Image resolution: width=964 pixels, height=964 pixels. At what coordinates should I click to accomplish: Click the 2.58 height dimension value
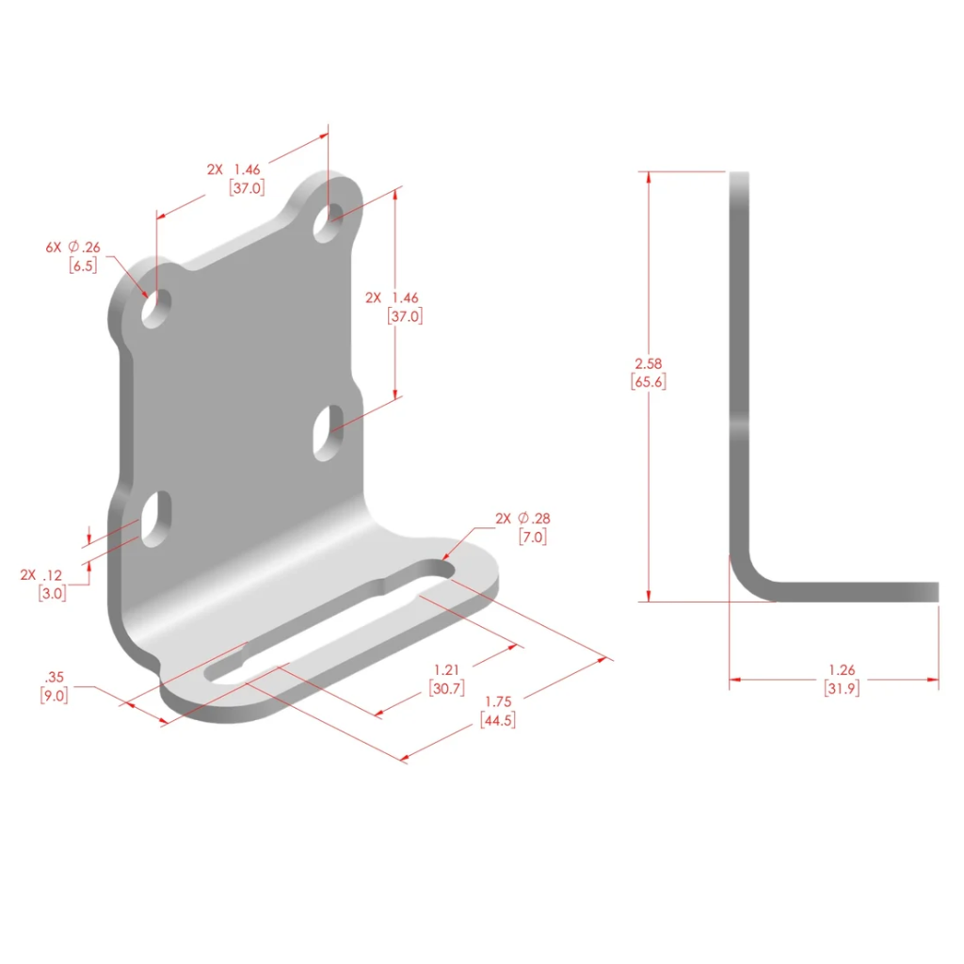coord(648,363)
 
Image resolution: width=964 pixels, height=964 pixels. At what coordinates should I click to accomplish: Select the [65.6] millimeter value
coord(648,382)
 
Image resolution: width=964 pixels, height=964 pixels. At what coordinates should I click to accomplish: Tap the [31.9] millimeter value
coord(842,688)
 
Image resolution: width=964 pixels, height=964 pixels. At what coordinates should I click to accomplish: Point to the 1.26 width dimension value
coord(842,669)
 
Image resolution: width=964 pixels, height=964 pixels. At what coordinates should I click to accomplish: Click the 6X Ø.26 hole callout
coord(72,248)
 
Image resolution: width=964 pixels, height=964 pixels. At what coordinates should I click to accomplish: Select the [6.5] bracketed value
coord(83,265)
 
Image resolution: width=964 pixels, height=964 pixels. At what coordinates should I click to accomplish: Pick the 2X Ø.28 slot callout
coord(522,519)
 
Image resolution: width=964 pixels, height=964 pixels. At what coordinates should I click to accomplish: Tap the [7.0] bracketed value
coord(533,537)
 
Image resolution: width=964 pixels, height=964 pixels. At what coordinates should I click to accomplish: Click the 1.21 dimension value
coord(446,669)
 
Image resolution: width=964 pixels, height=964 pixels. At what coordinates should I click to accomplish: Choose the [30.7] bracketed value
coord(446,688)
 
